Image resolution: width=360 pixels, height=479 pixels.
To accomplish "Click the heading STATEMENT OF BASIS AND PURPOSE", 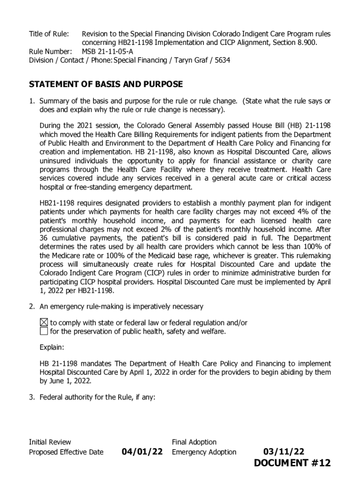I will click(x=106, y=85).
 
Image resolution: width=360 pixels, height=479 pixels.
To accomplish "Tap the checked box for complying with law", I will click(x=43, y=322).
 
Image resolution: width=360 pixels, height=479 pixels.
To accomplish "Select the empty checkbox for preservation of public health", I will click(x=43, y=331).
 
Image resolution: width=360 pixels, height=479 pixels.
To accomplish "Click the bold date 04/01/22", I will click(x=142, y=452).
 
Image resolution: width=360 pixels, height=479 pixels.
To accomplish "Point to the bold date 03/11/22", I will click(x=284, y=452).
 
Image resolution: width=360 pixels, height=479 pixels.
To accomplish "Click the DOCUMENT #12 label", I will click(x=292, y=463).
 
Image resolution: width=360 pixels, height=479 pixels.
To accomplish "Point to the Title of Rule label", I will click(x=49, y=34).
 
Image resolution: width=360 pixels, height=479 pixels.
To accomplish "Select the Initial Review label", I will click(x=50, y=442).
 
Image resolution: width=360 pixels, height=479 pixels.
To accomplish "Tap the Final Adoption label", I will click(x=194, y=442).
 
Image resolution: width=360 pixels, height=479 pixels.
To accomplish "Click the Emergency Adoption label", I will click(x=204, y=452).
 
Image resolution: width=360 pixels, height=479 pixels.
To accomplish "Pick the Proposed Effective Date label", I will click(x=66, y=452).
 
